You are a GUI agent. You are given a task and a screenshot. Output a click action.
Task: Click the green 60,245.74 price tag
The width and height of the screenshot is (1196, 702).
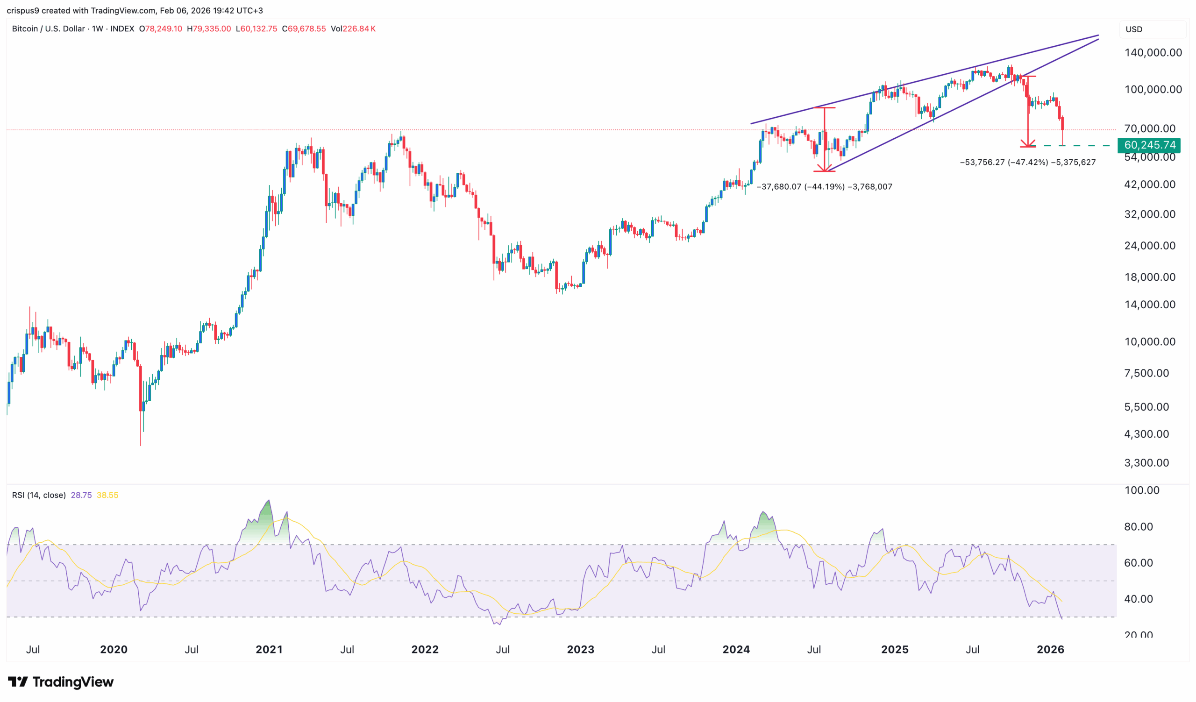[1149, 145]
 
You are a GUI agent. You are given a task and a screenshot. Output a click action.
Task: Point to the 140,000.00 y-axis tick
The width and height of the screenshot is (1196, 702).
[1153, 53]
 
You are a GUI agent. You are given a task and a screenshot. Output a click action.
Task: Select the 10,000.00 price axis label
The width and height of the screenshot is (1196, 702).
[1149, 342]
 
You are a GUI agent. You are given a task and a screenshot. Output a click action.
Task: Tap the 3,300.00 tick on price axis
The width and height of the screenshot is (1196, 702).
[1146, 463]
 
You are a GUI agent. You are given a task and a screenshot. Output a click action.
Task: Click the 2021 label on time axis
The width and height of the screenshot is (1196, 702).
[269, 649]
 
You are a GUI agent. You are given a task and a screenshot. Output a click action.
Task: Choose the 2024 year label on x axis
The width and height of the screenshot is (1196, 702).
[736, 649]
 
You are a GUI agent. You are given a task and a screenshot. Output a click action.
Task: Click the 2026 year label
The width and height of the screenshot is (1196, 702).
[1050, 649]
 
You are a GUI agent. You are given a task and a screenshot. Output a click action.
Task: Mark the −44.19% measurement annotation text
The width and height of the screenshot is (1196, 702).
[824, 187]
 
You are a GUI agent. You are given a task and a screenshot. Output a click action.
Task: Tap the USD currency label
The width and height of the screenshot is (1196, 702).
[1134, 29]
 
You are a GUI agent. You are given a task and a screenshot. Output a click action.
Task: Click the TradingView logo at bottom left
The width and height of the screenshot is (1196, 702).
[61, 682]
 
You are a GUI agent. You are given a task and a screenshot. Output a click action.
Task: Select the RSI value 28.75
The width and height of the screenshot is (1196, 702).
[81, 495]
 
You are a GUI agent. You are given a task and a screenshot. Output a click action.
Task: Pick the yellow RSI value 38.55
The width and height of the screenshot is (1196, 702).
[107, 495]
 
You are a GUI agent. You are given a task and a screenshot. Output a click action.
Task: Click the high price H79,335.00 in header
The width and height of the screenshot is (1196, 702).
[209, 29]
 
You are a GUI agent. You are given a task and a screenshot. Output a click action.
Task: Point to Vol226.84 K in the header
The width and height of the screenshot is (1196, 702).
[353, 29]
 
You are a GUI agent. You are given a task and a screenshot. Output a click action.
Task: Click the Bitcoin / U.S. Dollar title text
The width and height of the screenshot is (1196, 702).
[49, 29]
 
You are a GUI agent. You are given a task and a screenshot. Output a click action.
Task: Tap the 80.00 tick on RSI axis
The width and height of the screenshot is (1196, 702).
[1138, 526]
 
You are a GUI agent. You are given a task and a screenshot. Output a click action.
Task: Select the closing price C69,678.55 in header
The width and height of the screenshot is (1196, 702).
[304, 29]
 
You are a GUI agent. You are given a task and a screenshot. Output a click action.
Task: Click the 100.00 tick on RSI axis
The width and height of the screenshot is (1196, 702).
[1141, 490]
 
